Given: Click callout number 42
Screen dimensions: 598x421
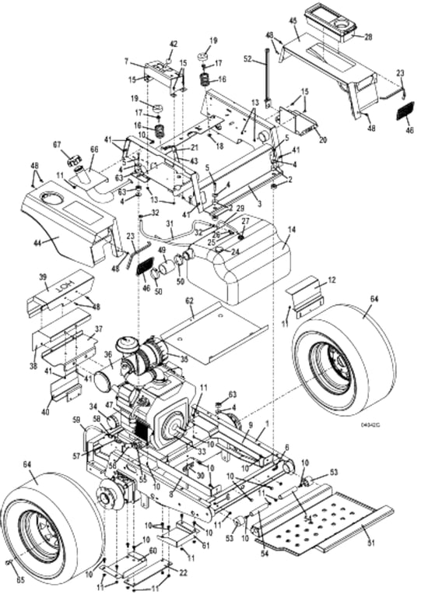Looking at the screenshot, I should pyautogui.click(x=174, y=44).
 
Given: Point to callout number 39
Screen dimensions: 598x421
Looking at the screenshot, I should pyautogui.click(x=44, y=277).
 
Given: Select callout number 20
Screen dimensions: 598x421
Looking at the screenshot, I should pyautogui.click(x=322, y=139).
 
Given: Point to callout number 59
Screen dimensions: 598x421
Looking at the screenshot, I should pyautogui.click(x=77, y=421).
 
